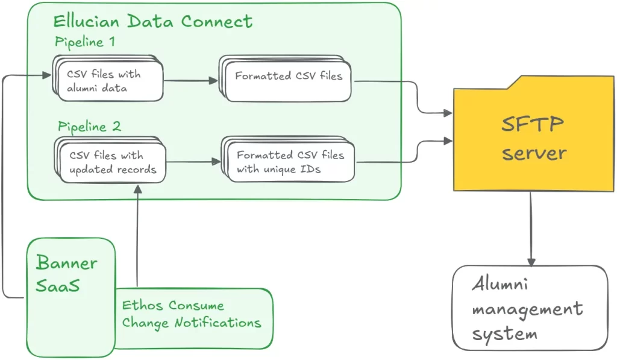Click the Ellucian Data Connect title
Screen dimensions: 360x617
tap(152, 22)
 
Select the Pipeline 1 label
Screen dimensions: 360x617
tap(85, 43)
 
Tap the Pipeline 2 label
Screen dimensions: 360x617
tap(89, 127)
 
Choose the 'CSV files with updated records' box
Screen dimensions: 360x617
tap(111, 163)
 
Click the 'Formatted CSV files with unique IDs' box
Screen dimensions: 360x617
tap(290, 162)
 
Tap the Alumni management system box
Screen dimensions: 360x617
tap(530, 308)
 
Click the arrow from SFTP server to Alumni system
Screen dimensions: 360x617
tap(531, 229)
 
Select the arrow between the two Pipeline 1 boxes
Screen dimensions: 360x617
tap(190, 80)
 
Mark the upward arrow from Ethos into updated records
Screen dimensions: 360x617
tap(138, 235)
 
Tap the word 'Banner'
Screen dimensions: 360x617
tap(66, 263)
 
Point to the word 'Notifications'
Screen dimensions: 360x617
tap(218, 323)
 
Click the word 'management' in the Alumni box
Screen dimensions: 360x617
tap(527, 310)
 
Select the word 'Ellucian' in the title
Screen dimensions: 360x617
tap(87, 22)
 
